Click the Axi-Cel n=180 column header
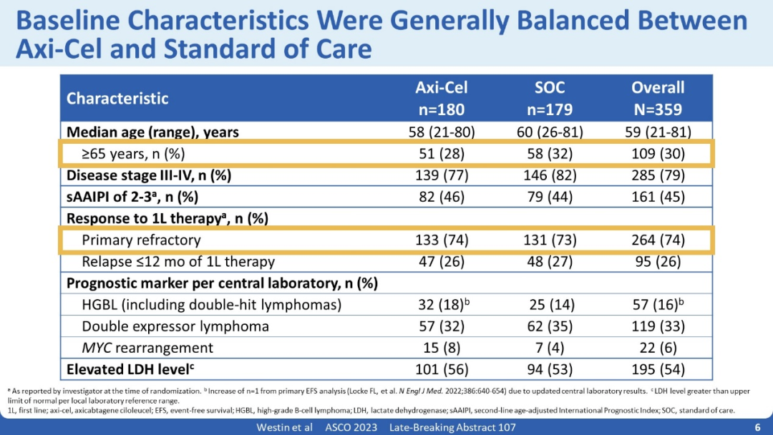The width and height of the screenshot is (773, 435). point(441,98)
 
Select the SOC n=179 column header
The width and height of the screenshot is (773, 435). point(550,98)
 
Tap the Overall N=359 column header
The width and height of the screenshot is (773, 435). point(657,98)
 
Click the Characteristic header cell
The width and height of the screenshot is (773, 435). point(117,99)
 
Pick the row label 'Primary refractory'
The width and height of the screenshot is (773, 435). point(141,240)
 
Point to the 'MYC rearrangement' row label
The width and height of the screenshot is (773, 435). point(147,348)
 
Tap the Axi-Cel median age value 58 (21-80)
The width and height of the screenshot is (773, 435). point(441,132)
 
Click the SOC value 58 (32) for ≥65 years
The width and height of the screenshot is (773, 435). point(550,154)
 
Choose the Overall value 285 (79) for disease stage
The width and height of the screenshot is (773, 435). point(657,175)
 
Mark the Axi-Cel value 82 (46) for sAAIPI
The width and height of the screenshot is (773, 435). point(441,197)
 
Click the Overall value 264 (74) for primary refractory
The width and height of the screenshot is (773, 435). point(657,240)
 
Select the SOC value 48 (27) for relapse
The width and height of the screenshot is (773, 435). point(550,261)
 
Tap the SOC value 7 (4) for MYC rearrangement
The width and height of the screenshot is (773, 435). point(550,348)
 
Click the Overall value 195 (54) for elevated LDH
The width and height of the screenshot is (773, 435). point(657,370)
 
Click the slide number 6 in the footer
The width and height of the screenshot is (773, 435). point(757,427)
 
